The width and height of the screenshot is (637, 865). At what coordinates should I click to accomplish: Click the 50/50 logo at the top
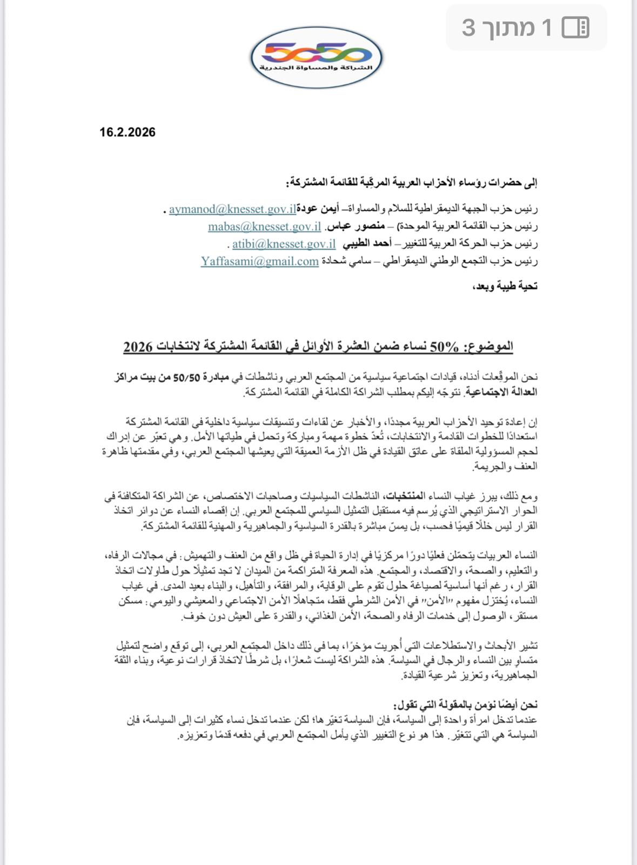pyautogui.click(x=317, y=55)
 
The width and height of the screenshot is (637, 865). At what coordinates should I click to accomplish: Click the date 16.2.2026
pyautogui.click(x=127, y=132)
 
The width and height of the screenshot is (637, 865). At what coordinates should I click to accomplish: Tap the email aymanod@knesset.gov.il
pyautogui.click(x=232, y=209)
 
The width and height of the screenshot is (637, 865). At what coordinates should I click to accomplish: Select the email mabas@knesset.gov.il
pyautogui.click(x=264, y=227)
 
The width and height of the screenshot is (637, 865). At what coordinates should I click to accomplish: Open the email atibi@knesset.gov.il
pyautogui.click(x=284, y=244)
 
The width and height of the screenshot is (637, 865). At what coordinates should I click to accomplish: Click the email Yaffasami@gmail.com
pyautogui.click(x=260, y=261)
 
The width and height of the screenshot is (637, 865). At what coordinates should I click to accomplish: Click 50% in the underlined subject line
pyautogui.click(x=442, y=347)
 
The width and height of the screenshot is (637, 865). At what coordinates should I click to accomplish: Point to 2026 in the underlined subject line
pyautogui.click(x=137, y=347)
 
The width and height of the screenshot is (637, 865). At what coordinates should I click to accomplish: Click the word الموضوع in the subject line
pyautogui.click(x=492, y=347)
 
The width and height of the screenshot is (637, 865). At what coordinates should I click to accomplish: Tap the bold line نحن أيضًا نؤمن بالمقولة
pyautogui.click(x=466, y=704)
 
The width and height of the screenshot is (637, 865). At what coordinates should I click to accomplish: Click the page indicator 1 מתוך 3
pyautogui.click(x=507, y=27)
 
